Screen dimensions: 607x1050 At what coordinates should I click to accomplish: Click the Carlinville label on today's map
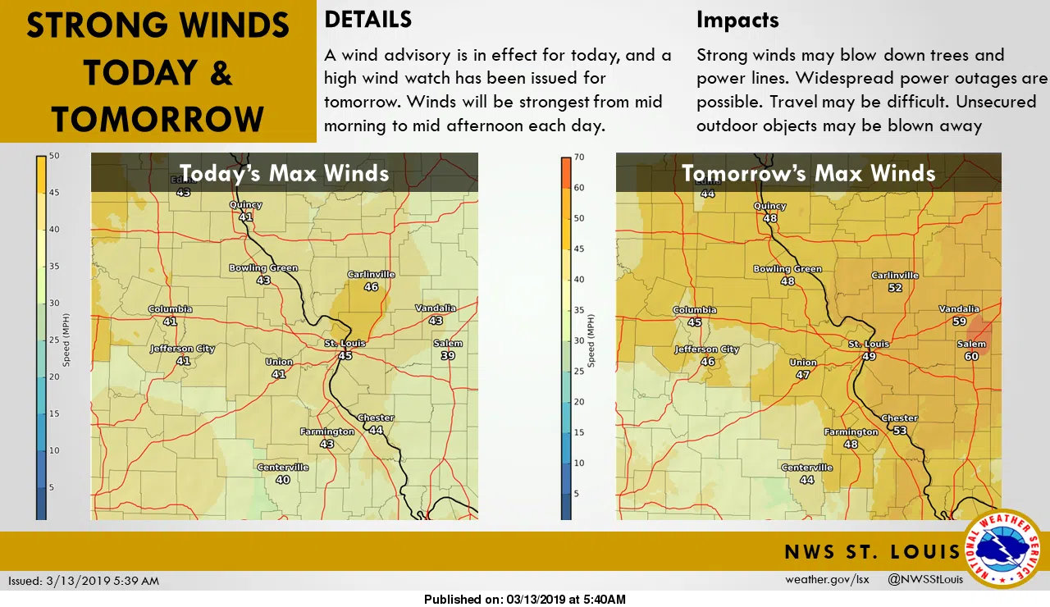click(370, 274)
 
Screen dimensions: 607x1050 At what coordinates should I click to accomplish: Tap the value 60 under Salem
click(971, 356)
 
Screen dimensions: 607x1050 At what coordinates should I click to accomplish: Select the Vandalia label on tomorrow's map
click(959, 309)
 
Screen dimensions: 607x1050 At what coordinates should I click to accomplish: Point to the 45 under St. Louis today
click(345, 355)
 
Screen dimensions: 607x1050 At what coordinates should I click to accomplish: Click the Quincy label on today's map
click(246, 205)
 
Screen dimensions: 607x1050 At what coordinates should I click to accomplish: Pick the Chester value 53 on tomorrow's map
click(900, 431)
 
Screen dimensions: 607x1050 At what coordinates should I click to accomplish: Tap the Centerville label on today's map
click(283, 468)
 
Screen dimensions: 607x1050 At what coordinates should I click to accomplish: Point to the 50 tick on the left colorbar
click(53, 156)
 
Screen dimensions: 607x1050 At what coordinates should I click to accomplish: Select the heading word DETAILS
click(368, 19)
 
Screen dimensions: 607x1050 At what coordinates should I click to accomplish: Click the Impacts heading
click(737, 19)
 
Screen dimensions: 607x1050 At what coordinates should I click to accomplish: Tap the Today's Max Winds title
click(284, 173)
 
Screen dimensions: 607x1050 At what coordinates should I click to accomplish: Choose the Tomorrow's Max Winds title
click(808, 173)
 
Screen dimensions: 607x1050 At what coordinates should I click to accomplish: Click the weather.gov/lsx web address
click(826, 580)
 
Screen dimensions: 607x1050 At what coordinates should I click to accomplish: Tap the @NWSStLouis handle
click(925, 580)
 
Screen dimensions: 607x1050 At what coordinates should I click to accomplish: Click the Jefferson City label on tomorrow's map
click(707, 349)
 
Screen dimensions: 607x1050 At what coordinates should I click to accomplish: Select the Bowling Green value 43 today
click(263, 280)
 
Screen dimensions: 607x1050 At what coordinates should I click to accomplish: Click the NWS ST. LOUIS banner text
click(872, 551)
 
